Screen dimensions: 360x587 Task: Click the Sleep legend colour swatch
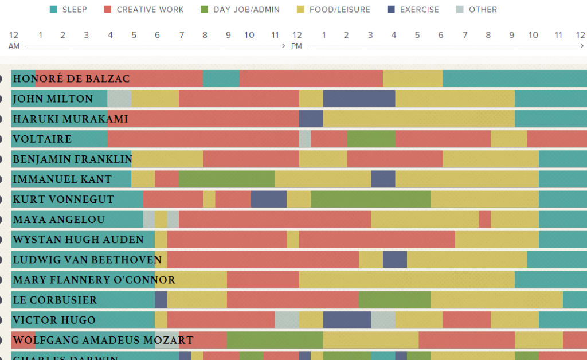pos(54,9)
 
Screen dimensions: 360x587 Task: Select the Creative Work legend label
pos(150,9)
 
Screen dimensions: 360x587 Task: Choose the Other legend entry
pos(483,9)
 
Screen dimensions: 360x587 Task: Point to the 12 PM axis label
pos(297,40)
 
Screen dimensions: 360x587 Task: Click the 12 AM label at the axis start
pos(14,40)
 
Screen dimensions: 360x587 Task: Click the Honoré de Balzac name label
pos(71,79)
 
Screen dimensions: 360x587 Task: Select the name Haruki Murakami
pos(71,119)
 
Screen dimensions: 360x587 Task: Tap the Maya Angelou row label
pos(59,220)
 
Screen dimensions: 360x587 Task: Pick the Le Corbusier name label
pos(55,300)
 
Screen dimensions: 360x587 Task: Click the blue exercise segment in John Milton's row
pos(359,99)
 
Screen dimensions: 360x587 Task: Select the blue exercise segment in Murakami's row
pos(311,119)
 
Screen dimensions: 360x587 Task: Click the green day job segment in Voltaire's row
pos(371,139)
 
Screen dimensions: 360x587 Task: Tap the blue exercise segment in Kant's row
pos(383,179)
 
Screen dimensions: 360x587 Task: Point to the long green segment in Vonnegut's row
pos(370,199)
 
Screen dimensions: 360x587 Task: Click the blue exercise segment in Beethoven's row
pos(395,260)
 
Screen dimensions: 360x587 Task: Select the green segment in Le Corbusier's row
pos(394,300)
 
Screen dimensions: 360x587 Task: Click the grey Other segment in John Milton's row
pos(119,99)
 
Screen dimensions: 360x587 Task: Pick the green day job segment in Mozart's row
pos(275,340)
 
